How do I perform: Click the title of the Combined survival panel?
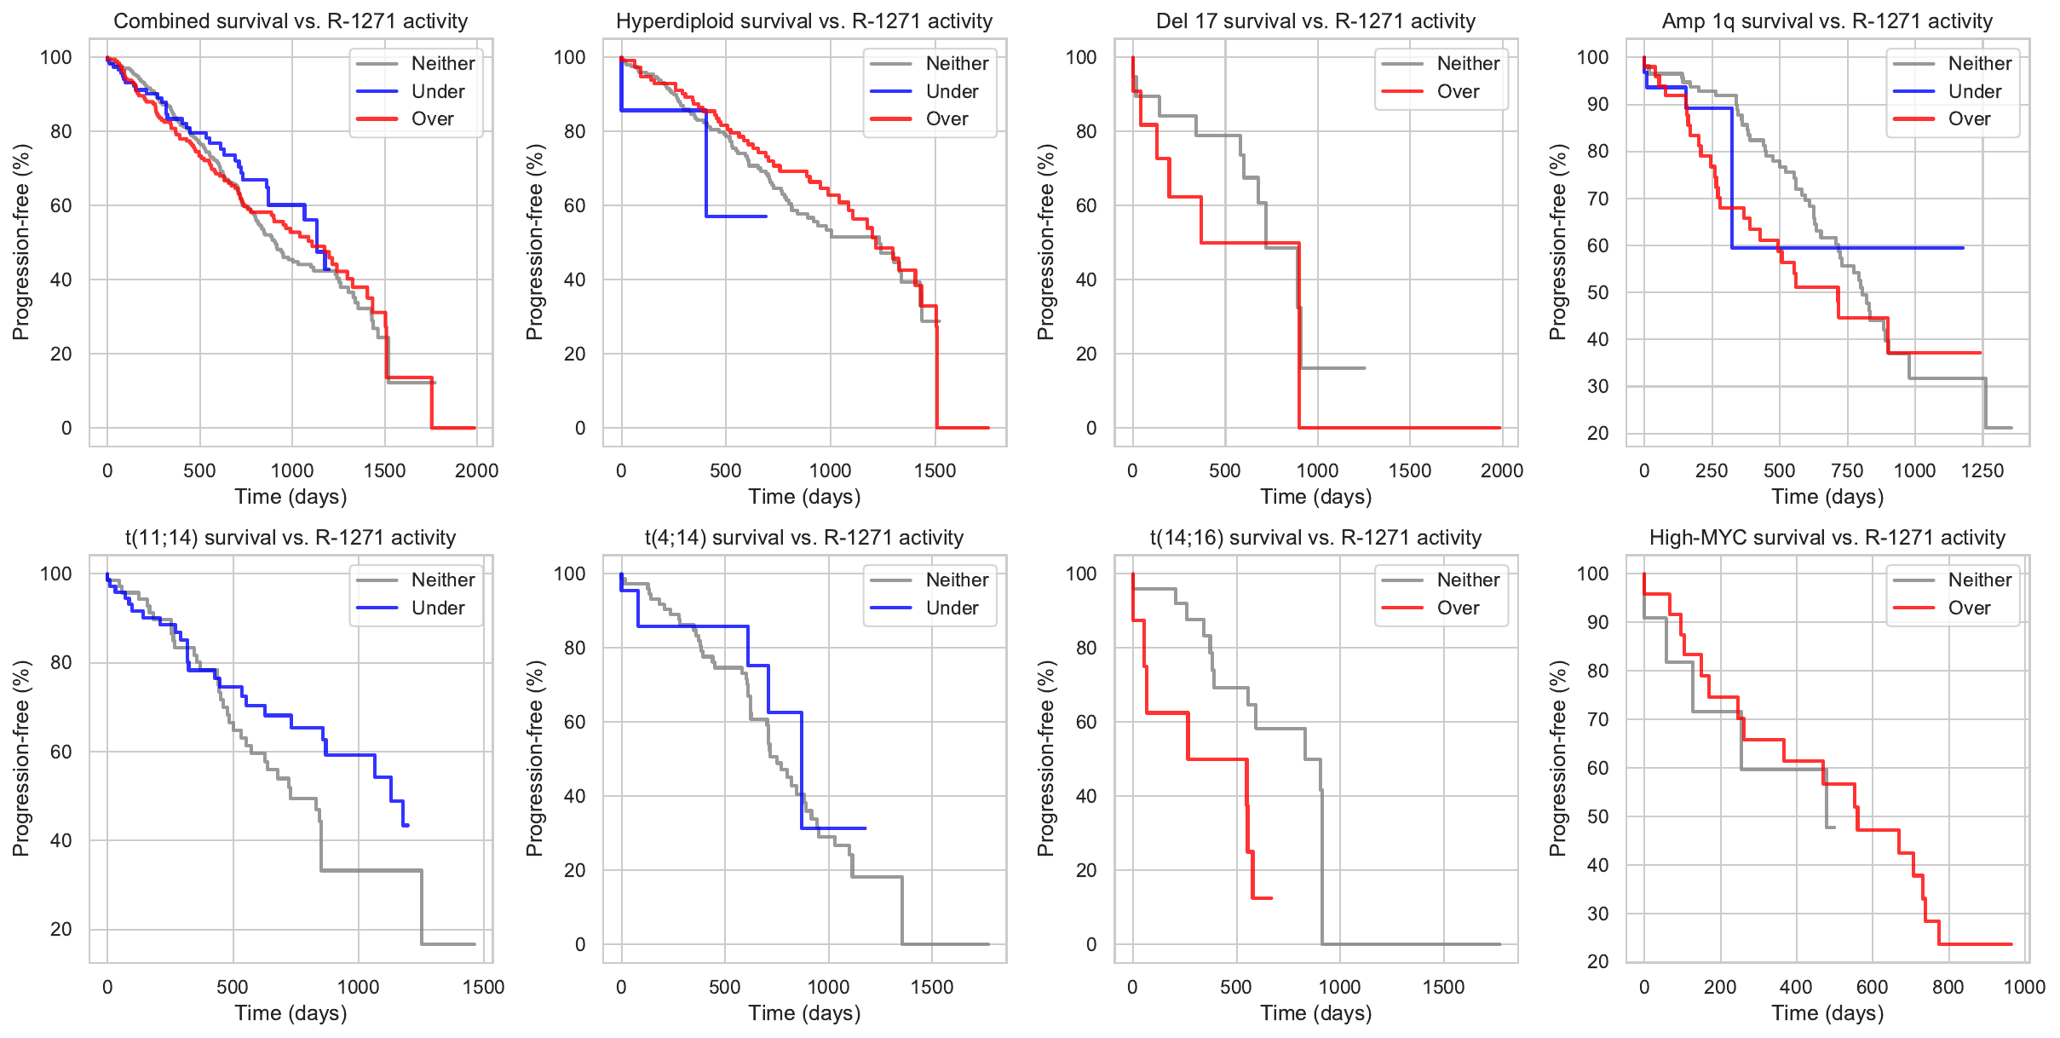pyautogui.click(x=291, y=21)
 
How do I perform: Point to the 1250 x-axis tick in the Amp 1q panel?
pyautogui.click(x=1982, y=470)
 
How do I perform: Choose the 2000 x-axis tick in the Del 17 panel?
pyautogui.click(x=1502, y=470)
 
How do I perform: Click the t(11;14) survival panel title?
pyautogui.click(x=291, y=538)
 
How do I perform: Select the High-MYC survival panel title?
pyautogui.click(x=1827, y=538)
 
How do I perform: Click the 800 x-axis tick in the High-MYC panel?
pyautogui.click(x=1948, y=987)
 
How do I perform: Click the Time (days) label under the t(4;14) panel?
pyautogui.click(x=804, y=1013)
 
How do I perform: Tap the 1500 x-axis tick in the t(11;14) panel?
pyautogui.click(x=483, y=987)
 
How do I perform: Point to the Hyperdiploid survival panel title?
pyautogui.click(x=804, y=21)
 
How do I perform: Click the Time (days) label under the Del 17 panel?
pyautogui.click(x=1315, y=497)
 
